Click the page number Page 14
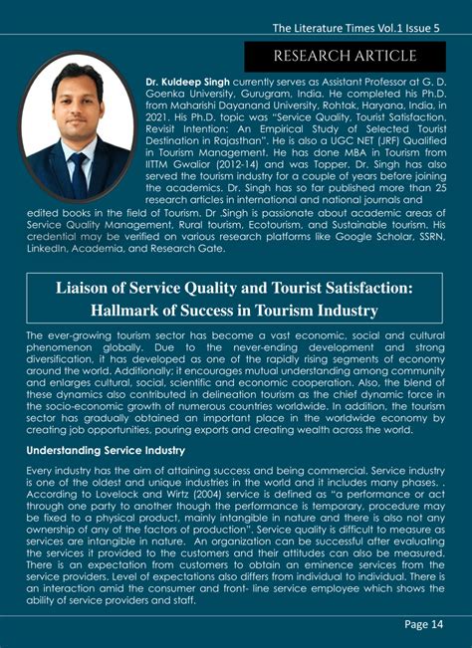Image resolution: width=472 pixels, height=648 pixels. [x=423, y=625]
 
